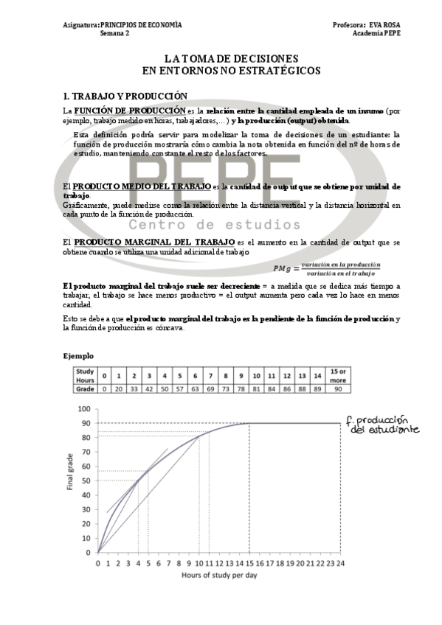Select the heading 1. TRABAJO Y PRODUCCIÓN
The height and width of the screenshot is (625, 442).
[x=125, y=96]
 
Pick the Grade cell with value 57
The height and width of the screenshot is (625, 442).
[x=181, y=388]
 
